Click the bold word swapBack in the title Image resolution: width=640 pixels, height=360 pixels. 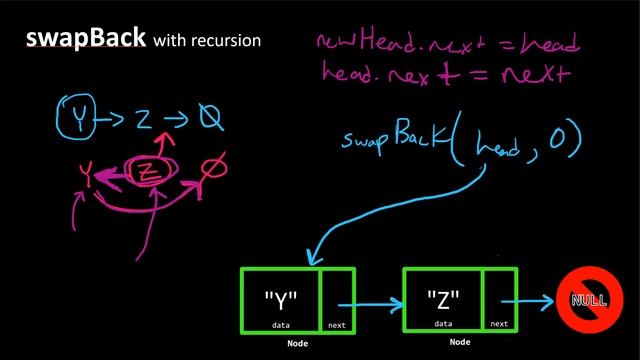click(85, 40)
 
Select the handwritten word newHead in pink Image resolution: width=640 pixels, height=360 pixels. click(356, 42)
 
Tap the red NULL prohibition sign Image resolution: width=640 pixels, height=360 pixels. click(589, 300)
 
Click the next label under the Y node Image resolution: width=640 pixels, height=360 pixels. click(337, 325)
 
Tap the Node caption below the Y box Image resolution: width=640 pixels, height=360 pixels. click(296, 342)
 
